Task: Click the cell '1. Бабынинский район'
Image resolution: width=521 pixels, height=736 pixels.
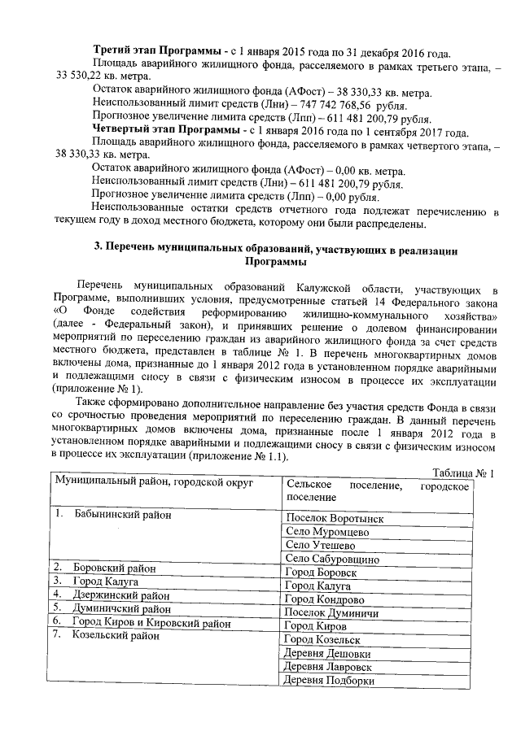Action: click(x=114, y=516)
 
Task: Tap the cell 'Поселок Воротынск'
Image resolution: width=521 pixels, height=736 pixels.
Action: click(x=334, y=517)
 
